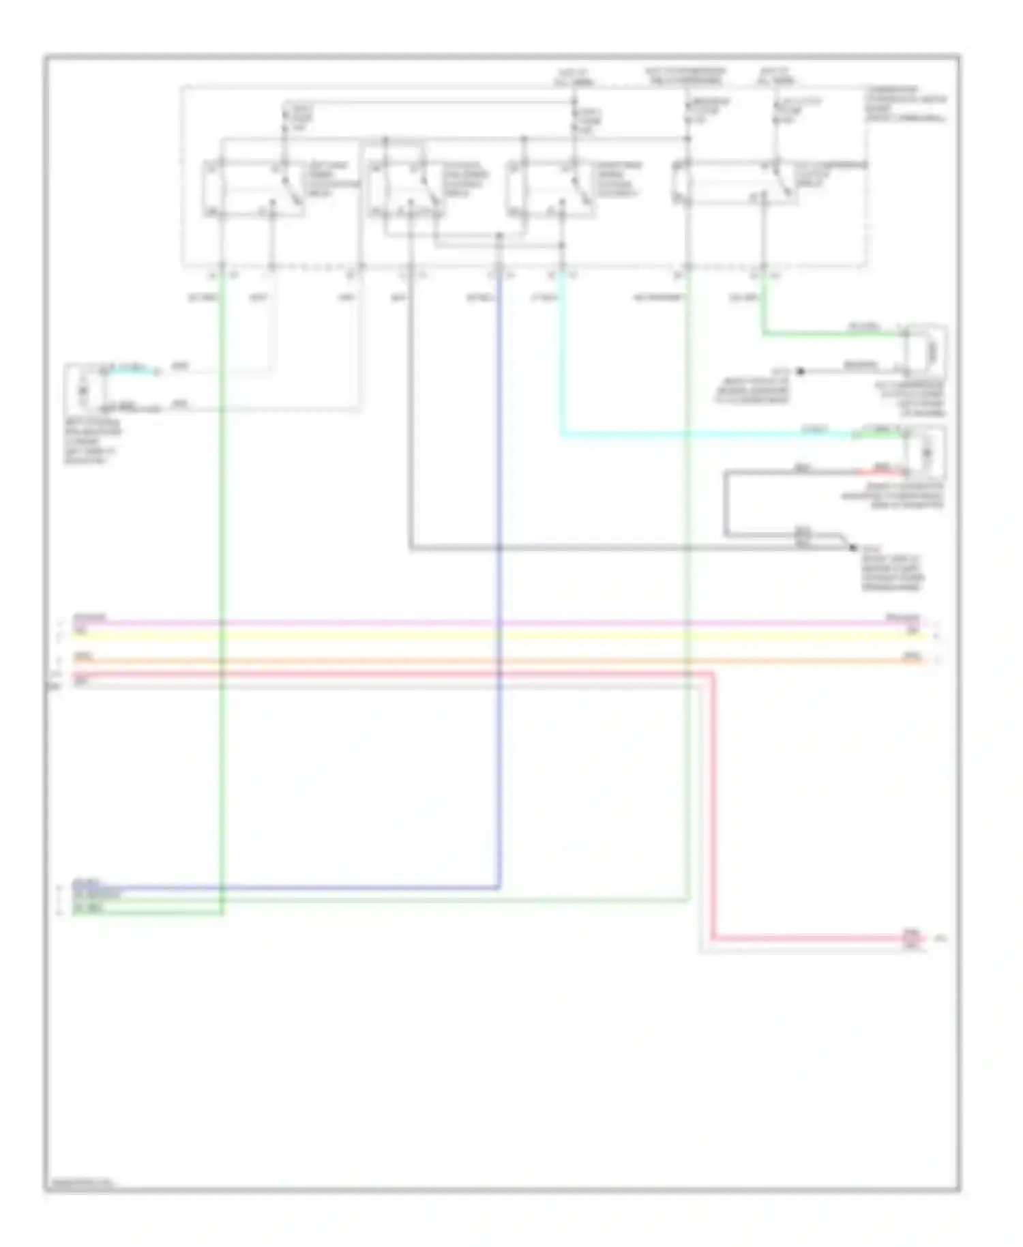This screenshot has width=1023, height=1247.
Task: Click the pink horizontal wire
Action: point(477,623)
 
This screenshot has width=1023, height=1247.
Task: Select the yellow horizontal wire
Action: point(477,636)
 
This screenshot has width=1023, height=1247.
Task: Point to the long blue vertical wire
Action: point(499,750)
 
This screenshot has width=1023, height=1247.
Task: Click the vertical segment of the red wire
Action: point(714,805)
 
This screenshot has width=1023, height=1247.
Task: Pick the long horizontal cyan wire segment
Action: point(682,434)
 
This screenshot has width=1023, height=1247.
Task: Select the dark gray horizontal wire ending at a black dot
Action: point(614,548)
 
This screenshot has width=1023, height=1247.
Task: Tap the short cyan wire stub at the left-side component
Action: point(130,371)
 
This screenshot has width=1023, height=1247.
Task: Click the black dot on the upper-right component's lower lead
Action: point(801,371)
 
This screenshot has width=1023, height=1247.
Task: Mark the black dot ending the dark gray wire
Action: point(853,548)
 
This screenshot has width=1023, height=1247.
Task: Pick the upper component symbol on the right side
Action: point(925,351)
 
